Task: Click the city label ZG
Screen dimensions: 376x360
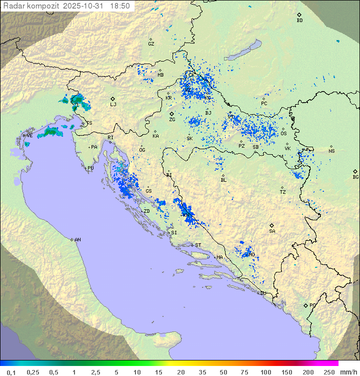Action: pyautogui.click(x=172, y=120)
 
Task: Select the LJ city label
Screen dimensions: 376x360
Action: pyautogui.click(x=113, y=104)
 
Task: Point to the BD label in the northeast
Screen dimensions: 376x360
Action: pyautogui.click(x=299, y=21)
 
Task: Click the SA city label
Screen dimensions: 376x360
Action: pyautogui.click(x=272, y=231)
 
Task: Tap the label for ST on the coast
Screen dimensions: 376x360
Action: pyautogui.click(x=198, y=245)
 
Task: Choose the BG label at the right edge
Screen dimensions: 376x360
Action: pyautogui.click(x=355, y=177)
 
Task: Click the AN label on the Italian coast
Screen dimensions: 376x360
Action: pyautogui.click(x=77, y=240)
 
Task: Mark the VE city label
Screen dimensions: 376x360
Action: pyautogui.click(x=29, y=135)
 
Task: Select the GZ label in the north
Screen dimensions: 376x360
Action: pyautogui.click(x=151, y=44)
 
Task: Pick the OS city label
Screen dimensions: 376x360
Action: pyautogui.click(x=283, y=133)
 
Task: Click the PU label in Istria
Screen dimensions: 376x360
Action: pyautogui.click(x=90, y=168)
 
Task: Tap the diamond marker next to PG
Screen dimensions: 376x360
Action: pyautogui.click(x=305, y=305)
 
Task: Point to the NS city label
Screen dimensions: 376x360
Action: pyautogui.click(x=331, y=151)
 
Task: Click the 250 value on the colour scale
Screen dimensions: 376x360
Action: pyautogui.click(x=329, y=372)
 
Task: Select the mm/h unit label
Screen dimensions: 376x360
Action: pyautogui.click(x=348, y=372)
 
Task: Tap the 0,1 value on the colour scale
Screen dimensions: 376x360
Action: pyautogui.click(x=11, y=372)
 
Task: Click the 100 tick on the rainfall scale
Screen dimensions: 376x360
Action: pyautogui.click(x=265, y=372)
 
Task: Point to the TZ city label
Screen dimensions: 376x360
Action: pyautogui.click(x=283, y=192)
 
